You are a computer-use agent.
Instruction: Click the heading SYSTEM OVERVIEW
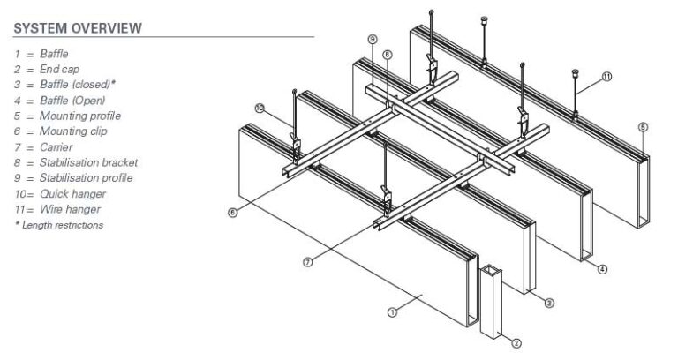[x=78, y=28]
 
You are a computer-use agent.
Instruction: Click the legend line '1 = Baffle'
[x=41, y=55]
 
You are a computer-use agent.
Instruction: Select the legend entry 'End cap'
[x=47, y=70]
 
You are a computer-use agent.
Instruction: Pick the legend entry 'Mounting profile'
[x=67, y=116]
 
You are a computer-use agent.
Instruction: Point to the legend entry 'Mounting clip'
[x=61, y=131]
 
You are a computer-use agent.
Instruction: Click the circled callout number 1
[x=393, y=311]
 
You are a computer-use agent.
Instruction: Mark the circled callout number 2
[x=517, y=343]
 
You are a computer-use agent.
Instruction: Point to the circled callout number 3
[x=549, y=304]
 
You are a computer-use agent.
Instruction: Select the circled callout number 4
[x=602, y=269]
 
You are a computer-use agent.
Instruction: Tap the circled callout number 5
[x=644, y=127]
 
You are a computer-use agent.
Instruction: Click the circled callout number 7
[x=307, y=264]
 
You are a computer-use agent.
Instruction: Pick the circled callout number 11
[x=607, y=77]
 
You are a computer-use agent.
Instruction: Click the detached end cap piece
[x=491, y=300]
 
